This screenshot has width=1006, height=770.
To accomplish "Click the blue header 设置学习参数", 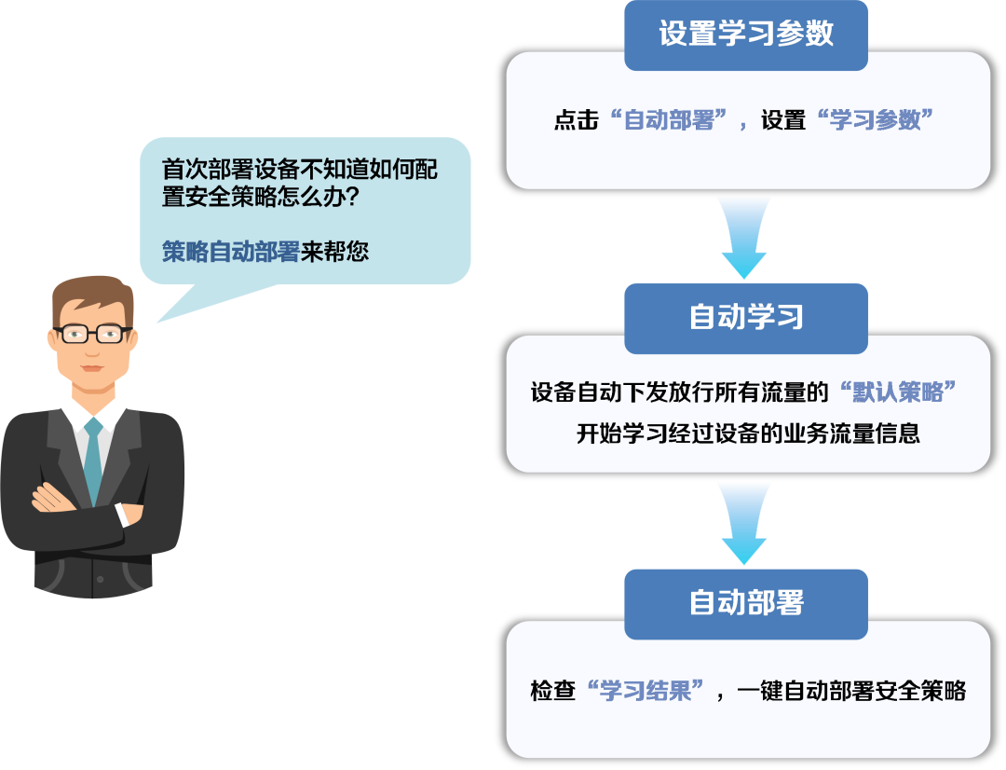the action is [745, 35].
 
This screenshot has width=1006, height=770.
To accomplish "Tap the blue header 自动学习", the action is [745, 318].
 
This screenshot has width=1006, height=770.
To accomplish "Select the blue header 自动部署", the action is [745, 604].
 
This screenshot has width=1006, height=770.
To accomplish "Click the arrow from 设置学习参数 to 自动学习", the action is [744, 238].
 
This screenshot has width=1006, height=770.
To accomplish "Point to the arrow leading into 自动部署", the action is [744, 524].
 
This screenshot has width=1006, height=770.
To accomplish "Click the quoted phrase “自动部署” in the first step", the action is [668, 119].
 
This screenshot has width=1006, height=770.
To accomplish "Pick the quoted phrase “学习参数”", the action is [875, 119].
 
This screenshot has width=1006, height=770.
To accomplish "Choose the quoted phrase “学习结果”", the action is [646, 691].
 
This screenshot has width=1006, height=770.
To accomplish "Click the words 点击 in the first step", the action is [577, 120].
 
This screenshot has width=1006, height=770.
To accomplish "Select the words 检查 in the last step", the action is [552, 691].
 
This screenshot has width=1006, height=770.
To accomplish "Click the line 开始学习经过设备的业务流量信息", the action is [748, 433].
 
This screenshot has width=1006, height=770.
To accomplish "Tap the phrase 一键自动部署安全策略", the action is [851, 691].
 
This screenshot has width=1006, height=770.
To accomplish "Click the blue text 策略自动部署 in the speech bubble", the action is [230, 251].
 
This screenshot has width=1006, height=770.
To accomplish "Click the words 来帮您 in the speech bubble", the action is [334, 251].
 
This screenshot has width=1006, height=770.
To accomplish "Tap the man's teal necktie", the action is [94, 460].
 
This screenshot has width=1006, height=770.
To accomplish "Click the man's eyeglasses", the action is [93, 334].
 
